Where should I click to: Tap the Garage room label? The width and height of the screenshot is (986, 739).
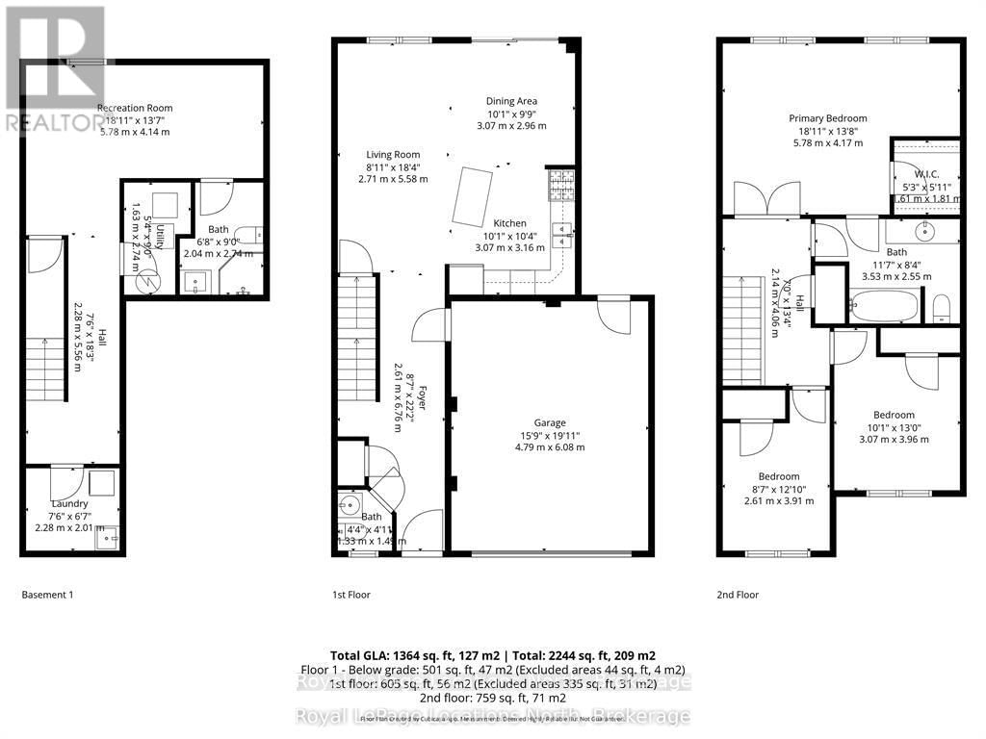(x=551, y=422)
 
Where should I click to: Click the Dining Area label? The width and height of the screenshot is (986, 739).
(x=511, y=101)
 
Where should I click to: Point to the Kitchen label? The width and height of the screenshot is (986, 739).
(x=509, y=223)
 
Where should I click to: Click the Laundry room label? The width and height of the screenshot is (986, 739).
(x=69, y=503)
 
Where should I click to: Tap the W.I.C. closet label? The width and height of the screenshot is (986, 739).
(x=926, y=175)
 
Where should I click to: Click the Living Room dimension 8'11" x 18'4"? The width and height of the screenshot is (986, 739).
(x=393, y=166)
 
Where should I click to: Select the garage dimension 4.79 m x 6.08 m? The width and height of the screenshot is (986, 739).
(x=551, y=447)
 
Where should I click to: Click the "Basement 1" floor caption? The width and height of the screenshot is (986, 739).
(x=47, y=595)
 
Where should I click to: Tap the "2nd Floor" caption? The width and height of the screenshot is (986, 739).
(x=738, y=595)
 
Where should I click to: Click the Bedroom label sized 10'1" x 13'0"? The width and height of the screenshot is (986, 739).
(x=895, y=427)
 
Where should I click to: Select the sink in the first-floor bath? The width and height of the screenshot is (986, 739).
(x=348, y=506)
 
